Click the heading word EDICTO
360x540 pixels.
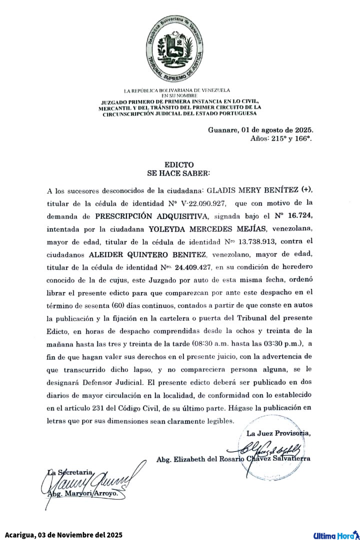click(179, 164)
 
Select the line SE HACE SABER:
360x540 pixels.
click(179, 172)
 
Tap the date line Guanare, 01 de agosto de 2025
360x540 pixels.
click(260, 130)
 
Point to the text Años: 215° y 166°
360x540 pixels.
click(281, 138)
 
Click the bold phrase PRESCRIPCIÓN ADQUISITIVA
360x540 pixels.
click(152, 216)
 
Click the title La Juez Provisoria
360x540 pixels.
click(278, 433)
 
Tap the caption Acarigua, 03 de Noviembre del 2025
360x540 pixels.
click(64, 535)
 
